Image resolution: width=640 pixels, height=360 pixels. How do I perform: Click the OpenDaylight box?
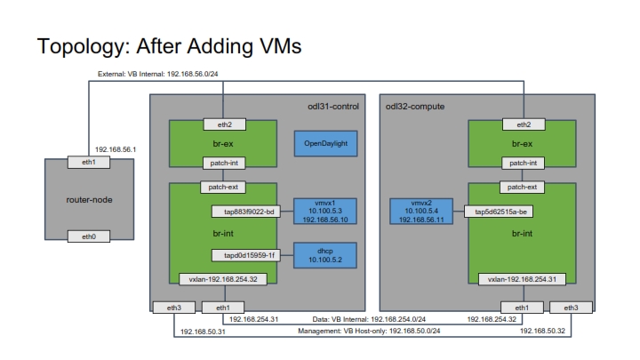[x=325, y=143]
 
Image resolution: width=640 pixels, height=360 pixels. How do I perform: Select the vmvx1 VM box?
[x=325, y=211]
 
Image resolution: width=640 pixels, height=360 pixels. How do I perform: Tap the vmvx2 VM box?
[x=421, y=211]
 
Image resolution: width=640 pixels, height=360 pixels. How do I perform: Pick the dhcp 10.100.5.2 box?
[x=325, y=255]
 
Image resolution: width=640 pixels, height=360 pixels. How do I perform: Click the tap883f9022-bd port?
[x=246, y=212]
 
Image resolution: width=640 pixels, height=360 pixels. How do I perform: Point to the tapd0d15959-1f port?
[x=246, y=255]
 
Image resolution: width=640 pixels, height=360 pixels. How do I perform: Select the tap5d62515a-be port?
[x=499, y=212]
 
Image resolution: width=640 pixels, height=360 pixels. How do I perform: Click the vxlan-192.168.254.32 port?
[x=223, y=279]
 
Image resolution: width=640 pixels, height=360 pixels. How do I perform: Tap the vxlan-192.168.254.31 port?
[x=522, y=279]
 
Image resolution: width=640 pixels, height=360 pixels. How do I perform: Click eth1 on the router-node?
[x=89, y=162]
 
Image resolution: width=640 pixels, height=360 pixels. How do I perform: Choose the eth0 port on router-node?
[x=89, y=236]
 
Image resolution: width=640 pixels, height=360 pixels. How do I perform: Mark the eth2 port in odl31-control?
[x=225, y=124]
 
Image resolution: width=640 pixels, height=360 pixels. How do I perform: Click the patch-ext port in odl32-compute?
[x=522, y=188]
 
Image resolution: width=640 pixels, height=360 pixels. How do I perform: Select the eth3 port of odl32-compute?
[x=571, y=308]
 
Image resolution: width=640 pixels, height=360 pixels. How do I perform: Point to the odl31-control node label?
[x=333, y=107]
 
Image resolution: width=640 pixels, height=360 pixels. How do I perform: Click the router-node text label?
[x=89, y=200]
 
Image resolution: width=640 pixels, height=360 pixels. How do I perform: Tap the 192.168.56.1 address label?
[x=116, y=149]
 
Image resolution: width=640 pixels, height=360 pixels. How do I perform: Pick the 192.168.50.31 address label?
[x=203, y=332]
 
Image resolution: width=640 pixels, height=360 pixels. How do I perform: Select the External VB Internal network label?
[x=157, y=74]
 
